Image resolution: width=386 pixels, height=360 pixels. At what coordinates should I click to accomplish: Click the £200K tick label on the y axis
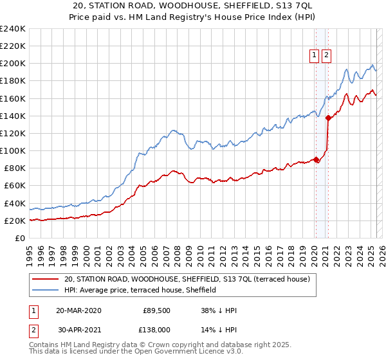(x=12, y=64)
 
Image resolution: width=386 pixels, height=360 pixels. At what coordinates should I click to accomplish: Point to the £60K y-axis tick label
(x=14, y=186)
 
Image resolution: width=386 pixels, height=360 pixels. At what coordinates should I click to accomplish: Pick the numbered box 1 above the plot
(x=315, y=56)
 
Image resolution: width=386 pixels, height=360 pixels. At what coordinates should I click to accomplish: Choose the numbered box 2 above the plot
(x=327, y=56)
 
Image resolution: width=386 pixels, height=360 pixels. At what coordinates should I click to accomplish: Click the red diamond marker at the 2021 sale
(x=328, y=118)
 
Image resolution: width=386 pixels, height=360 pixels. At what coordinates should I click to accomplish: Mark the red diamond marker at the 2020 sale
(x=316, y=160)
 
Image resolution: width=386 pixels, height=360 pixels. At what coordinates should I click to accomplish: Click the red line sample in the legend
(x=46, y=280)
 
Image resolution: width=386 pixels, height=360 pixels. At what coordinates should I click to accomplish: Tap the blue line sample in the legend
(x=46, y=291)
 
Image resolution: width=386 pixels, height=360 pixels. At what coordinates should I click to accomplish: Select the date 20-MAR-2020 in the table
(x=78, y=310)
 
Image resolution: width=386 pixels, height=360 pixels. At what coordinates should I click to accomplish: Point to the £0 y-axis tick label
(x=20, y=239)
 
